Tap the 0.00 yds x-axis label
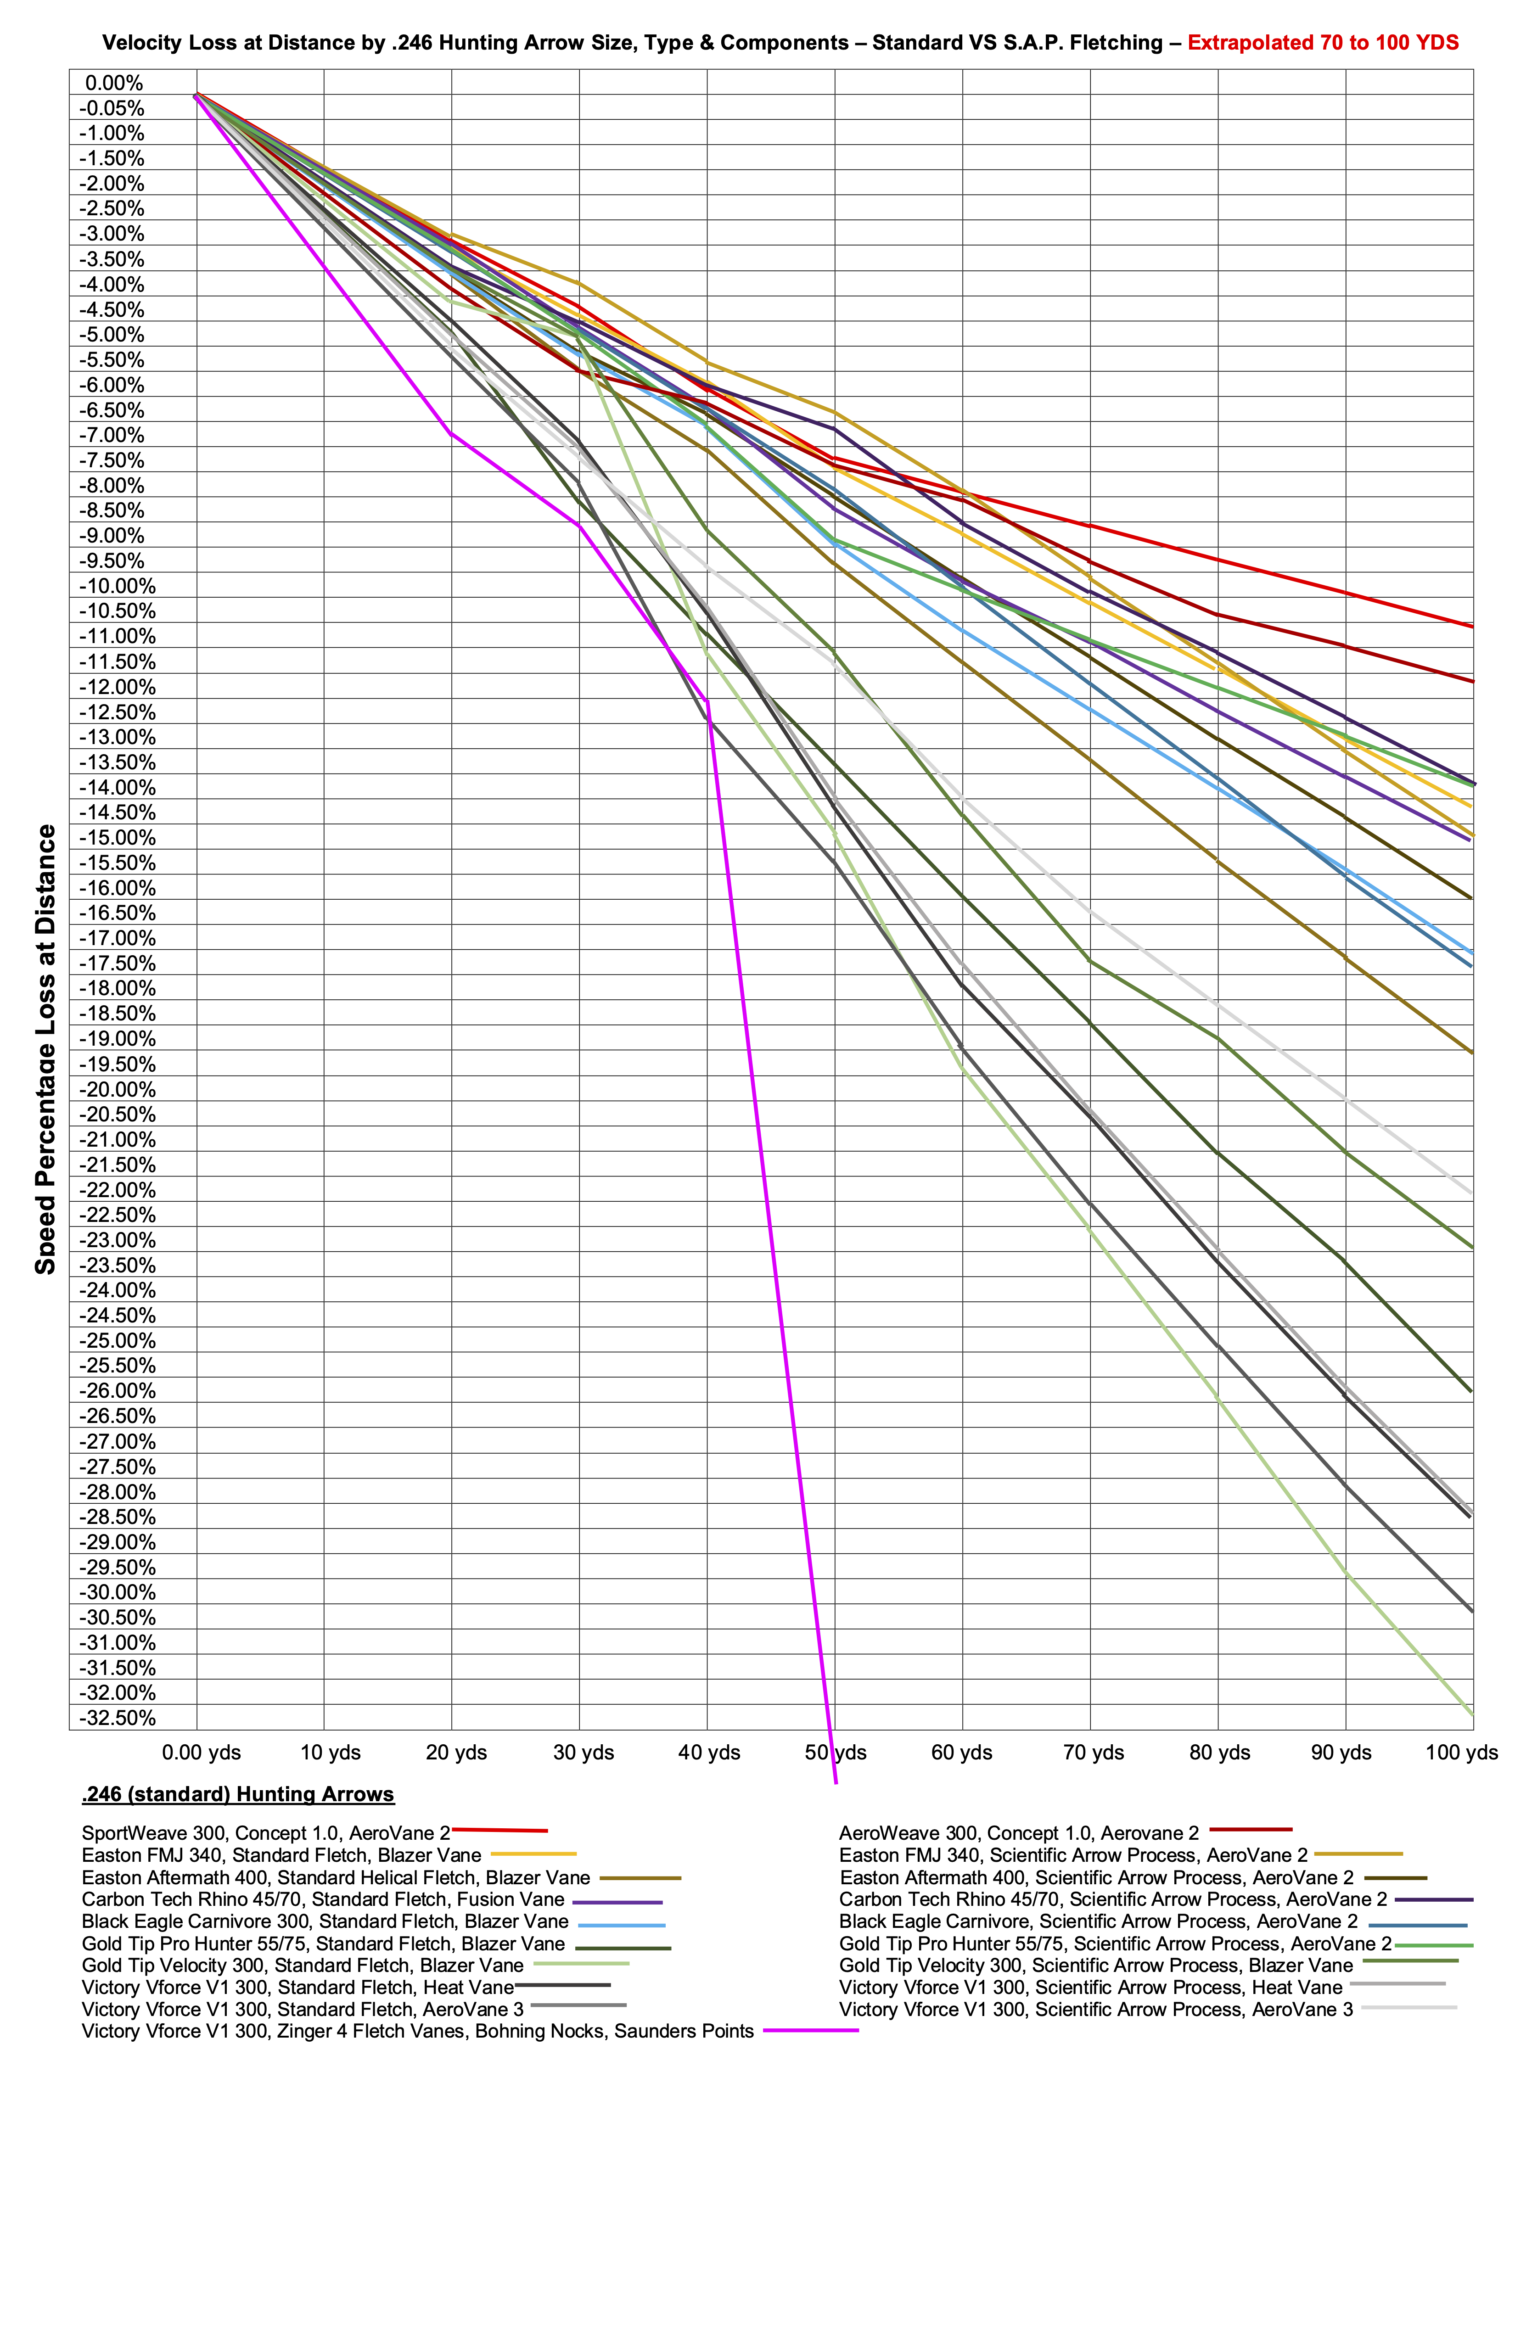pos(202,1753)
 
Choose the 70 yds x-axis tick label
pos(1094,1753)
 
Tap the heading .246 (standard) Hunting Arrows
pos(238,1794)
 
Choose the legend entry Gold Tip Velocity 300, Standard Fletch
pos(302,1965)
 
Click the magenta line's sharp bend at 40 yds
pos(707,701)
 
